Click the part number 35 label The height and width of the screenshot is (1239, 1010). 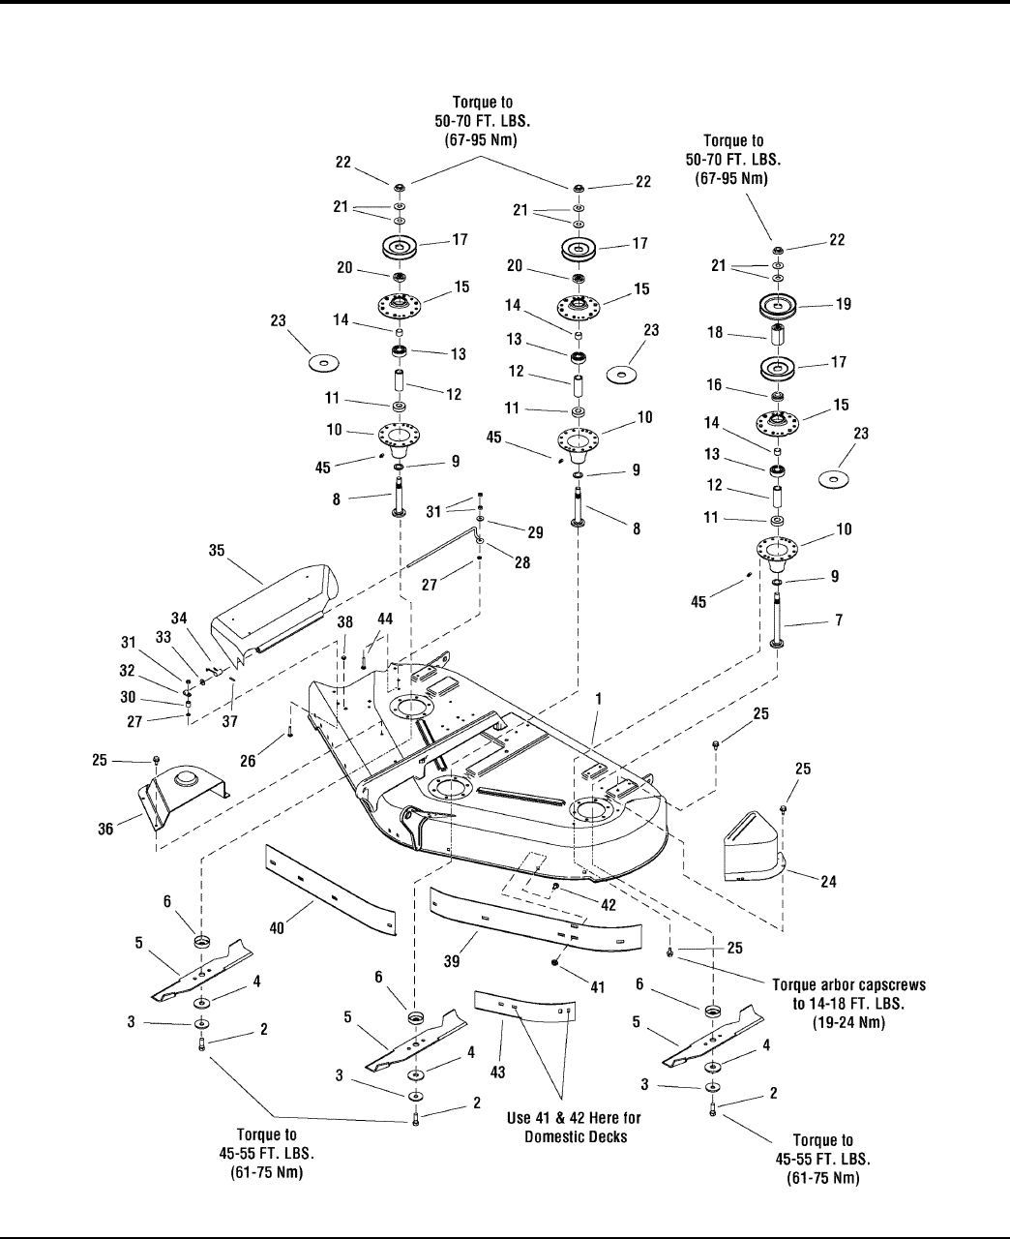tap(218, 552)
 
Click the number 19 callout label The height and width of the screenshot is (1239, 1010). tap(844, 304)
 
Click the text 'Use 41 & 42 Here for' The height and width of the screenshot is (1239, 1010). tap(574, 1118)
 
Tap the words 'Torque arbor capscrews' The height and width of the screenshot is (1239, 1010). tap(849, 984)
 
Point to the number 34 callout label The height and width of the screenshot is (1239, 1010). tap(179, 618)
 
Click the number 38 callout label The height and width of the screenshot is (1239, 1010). tap(344, 625)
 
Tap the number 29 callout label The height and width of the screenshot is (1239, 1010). tap(535, 532)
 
